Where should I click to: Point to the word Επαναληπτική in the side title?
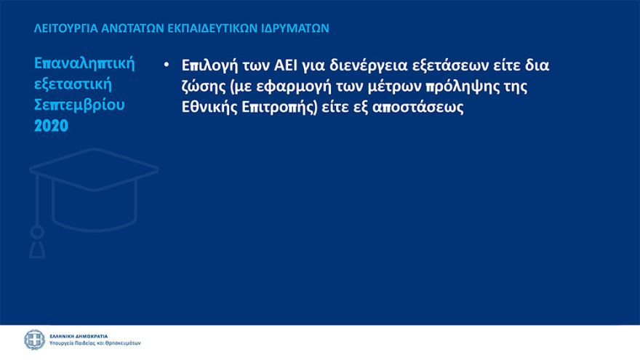pos(84,63)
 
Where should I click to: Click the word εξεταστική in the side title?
pos(71,83)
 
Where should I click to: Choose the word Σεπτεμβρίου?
pos(79,104)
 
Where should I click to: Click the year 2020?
pos(51,124)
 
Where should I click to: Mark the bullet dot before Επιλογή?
pos(166,65)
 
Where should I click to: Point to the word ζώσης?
pos(203,87)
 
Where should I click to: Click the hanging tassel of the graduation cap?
pos(36,236)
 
